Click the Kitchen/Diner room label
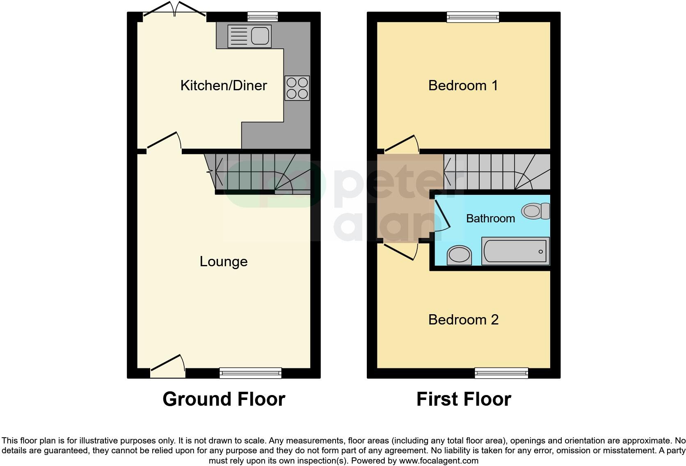224,85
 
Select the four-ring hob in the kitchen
297,88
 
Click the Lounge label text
224,261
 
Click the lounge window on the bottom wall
250,372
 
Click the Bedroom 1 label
463,85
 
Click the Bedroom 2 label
463,320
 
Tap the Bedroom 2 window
501,372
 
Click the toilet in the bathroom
535,211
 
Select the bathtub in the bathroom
515,251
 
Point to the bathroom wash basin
460,256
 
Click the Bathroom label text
490,218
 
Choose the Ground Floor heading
224,399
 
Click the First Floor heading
464,399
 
